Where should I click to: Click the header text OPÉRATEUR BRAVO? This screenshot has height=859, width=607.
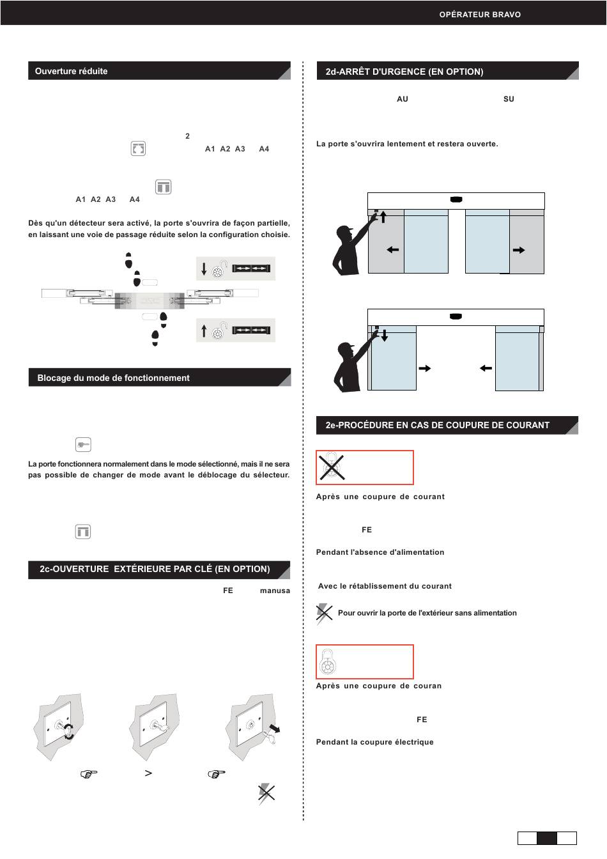480,15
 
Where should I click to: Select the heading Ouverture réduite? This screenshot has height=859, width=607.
71,71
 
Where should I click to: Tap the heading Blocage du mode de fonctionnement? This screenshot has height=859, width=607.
113,378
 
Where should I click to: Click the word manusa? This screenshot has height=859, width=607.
275,591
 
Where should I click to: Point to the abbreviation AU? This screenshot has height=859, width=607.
403,99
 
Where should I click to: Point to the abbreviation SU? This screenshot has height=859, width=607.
509,99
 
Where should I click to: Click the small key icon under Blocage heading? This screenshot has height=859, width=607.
83,444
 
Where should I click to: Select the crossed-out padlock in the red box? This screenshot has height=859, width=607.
332,467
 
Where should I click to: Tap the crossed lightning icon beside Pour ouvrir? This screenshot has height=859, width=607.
324,613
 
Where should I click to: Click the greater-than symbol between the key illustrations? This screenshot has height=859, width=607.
148,773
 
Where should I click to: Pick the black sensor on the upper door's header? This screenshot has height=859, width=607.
456,199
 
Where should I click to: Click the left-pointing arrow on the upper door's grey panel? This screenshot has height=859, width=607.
393,250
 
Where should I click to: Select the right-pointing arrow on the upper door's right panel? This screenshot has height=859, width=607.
519,250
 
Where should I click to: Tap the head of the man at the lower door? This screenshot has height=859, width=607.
346,350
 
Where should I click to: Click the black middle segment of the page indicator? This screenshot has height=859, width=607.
547,838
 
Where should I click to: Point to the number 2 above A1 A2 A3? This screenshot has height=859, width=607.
187,135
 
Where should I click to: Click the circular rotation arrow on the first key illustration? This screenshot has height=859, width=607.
69,731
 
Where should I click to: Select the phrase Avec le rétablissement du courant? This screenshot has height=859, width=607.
385,586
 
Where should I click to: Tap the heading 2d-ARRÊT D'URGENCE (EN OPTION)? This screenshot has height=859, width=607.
404,72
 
